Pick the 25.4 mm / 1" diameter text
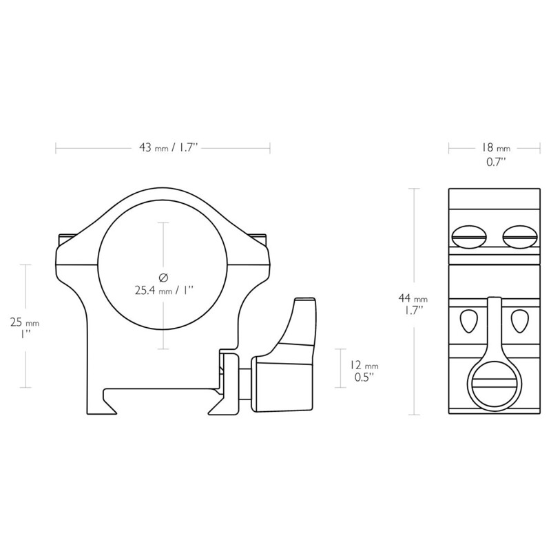point(163,291)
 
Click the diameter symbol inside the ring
point(163,278)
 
